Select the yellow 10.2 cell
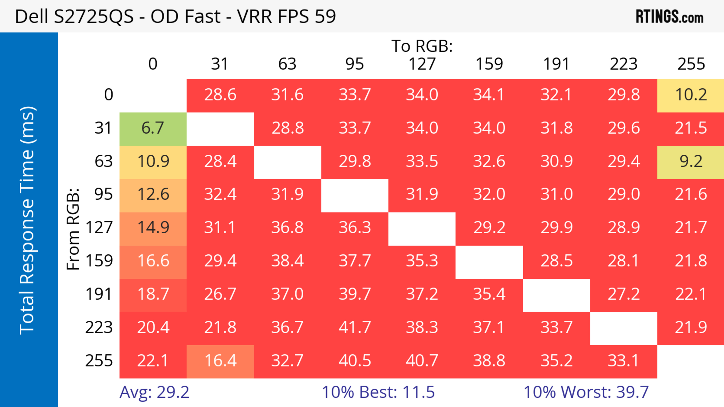(691, 95)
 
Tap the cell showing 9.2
(691, 161)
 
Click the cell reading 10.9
(153, 161)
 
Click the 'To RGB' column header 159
(489, 64)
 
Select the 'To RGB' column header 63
(287, 64)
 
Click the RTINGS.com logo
(670, 17)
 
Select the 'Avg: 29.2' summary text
(154, 392)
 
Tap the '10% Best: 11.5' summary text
(378, 392)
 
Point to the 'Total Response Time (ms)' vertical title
(28, 220)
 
